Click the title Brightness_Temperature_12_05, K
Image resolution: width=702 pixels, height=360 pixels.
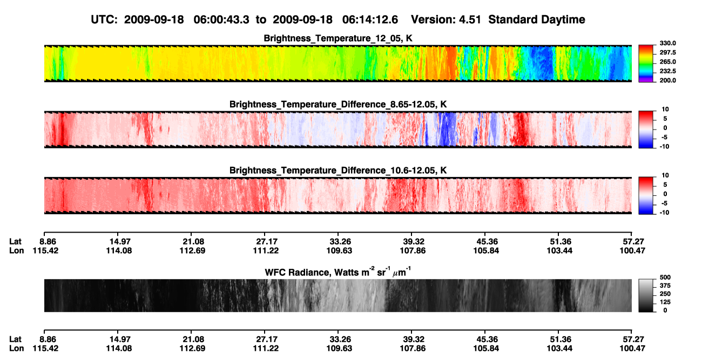(x=338, y=38)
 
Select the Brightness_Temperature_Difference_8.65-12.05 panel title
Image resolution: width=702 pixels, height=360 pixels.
(x=338, y=104)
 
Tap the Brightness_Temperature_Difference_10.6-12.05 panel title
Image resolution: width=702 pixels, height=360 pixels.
(x=338, y=171)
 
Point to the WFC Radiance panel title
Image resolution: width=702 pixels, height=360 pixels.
(x=338, y=271)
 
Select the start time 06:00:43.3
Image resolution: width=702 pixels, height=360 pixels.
(x=221, y=19)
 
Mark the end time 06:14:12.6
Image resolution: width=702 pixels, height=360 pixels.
(x=370, y=19)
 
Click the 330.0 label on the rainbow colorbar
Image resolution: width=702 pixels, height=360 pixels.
(x=667, y=43)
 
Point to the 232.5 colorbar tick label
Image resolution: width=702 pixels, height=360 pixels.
(x=667, y=71)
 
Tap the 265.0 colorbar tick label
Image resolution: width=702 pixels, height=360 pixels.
(x=667, y=62)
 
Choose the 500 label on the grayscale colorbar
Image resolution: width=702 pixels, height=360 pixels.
(x=665, y=277)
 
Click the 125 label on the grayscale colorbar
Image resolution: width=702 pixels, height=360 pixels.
(x=665, y=302)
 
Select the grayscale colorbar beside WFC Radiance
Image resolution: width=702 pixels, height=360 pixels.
(x=646, y=295)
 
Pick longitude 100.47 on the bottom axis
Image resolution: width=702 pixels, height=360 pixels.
(x=632, y=349)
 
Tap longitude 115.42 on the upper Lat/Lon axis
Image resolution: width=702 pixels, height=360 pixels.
(x=45, y=250)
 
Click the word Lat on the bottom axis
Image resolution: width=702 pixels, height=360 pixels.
(x=15, y=339)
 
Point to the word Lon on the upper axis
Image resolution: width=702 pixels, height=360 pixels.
(x=16, y=250)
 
